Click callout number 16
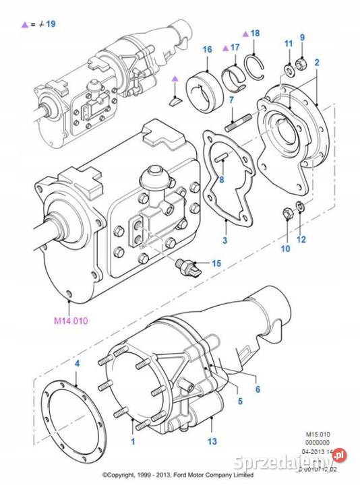point(206,49)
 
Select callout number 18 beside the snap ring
point(254,33)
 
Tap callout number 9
point(303,37)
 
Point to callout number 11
point(287,45)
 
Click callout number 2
point(316,62)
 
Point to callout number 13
point(212,442)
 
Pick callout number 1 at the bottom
point(133,442)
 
